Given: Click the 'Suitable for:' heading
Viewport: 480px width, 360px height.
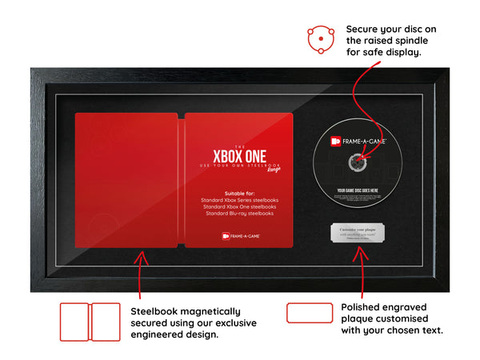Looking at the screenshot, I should tap(239, 192).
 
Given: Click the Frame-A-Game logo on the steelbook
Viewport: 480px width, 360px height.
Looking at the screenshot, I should tap(239, 235).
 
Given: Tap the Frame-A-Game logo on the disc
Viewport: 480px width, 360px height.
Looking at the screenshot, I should tap(358, 142).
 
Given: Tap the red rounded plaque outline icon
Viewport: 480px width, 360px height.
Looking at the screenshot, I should tap(309, 313).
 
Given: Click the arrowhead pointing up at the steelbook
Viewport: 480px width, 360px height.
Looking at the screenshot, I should tap(142, 257).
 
